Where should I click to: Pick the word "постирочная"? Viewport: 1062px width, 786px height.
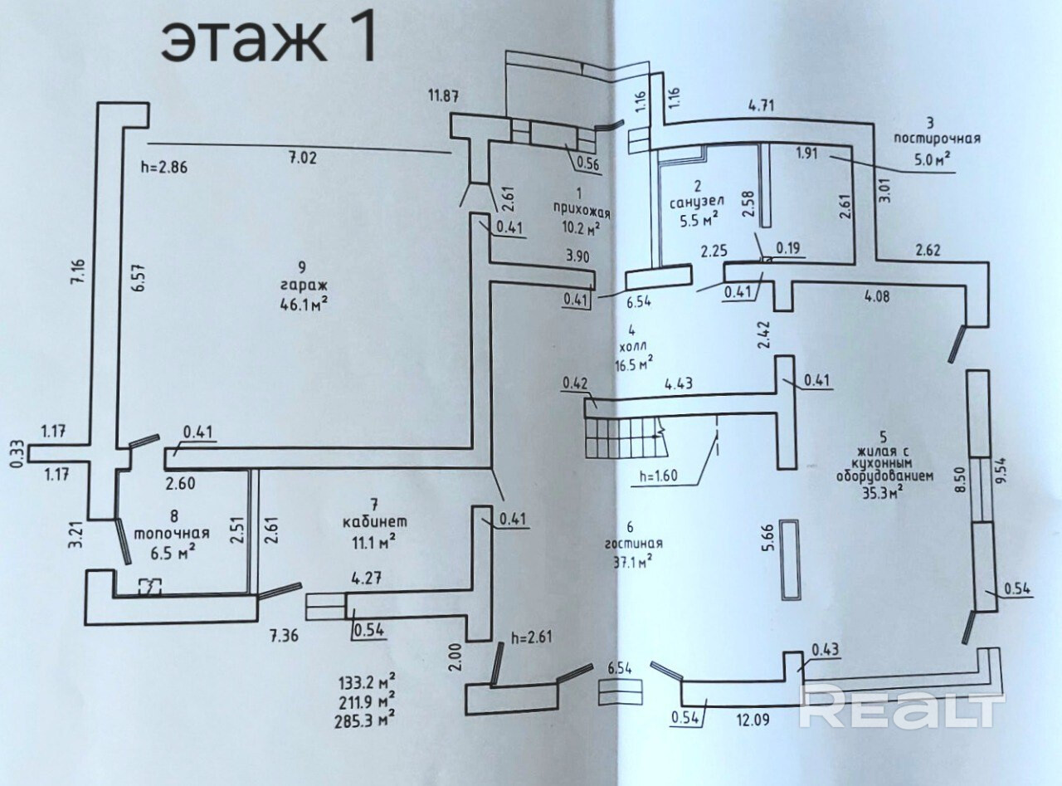click(938, 139)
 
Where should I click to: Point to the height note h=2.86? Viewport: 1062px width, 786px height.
click(165, 166)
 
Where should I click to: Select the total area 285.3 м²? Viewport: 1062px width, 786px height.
click(363, 713)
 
